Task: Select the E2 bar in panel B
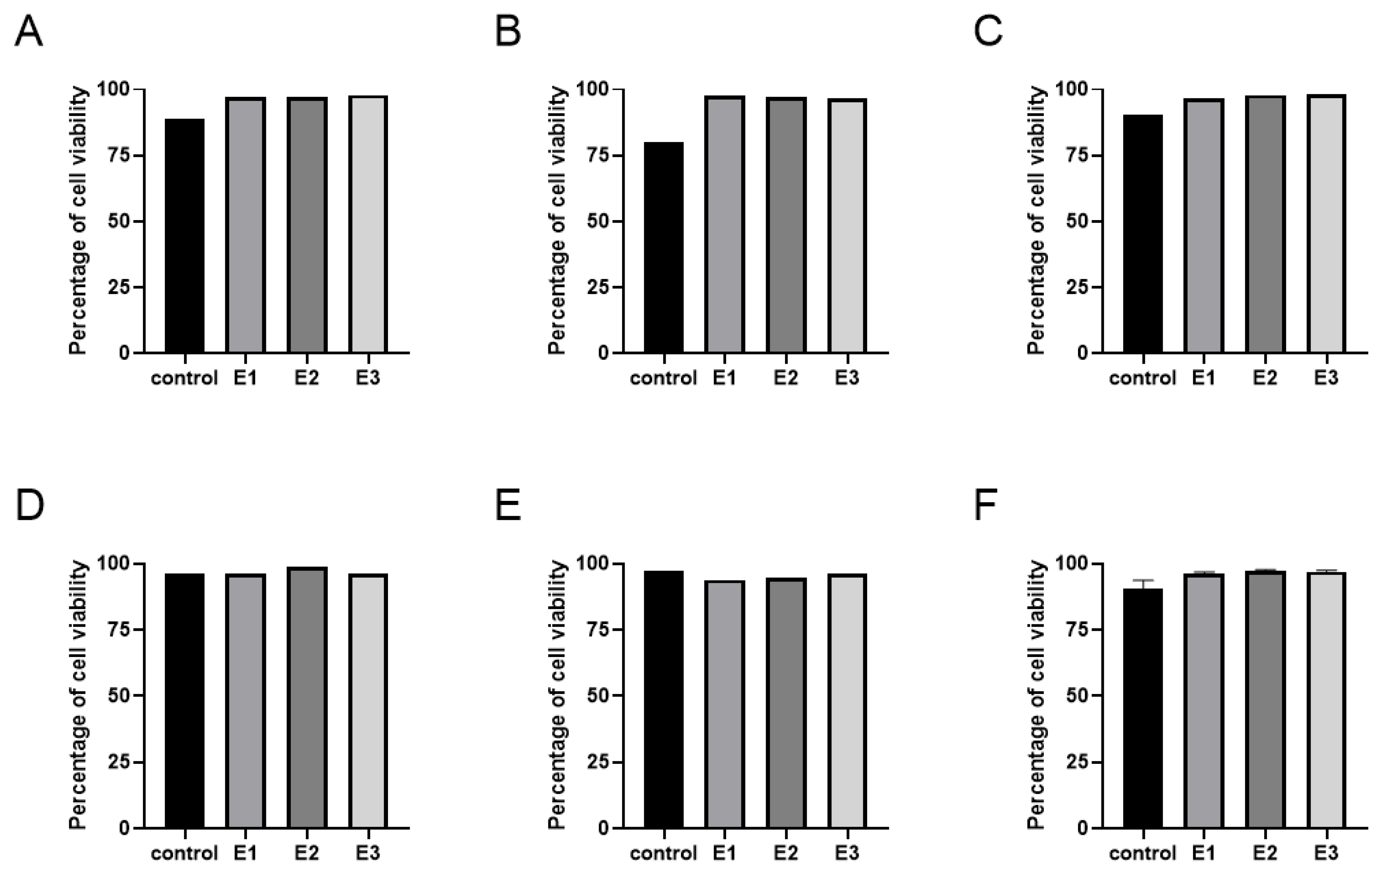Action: pyautogui.click(x=786, y=226)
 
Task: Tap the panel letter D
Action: pyautogui.click(x=29, y=505)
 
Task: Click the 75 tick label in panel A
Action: pyautogui.click(x=119, y=156)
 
